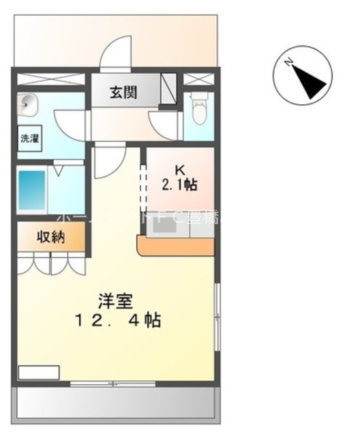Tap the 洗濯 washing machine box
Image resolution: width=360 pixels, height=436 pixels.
tap(29, 138)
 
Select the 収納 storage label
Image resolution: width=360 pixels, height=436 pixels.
tap(51, 238)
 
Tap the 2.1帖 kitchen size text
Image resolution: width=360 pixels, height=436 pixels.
tap(180, 185)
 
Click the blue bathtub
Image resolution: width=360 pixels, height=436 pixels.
tap(31, 191)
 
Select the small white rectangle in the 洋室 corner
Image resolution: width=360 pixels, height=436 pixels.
tap(38, 373)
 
